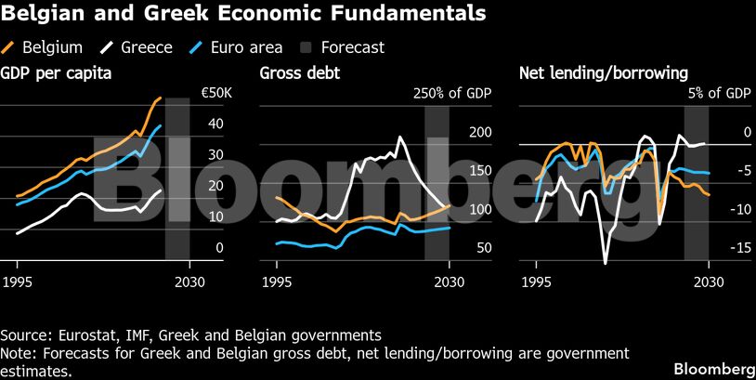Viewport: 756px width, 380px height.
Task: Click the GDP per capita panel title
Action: click(57, 72)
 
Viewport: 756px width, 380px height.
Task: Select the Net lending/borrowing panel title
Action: click(590, 72)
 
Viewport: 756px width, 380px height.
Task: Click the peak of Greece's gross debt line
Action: click(401, 138)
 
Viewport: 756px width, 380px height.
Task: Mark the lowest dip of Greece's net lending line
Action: click(606, 264)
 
